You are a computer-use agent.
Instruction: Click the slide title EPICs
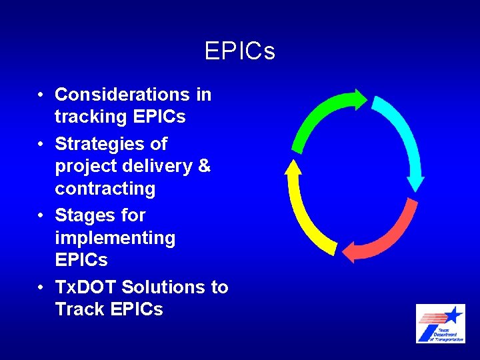point(240,51)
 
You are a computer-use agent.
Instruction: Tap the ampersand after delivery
point(204,166)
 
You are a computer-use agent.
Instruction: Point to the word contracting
point(105,189)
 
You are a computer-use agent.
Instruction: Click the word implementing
point(115,238)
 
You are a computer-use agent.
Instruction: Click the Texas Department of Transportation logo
point(440,323)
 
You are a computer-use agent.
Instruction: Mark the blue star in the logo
point(453,314)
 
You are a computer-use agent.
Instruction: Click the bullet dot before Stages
point(41,215)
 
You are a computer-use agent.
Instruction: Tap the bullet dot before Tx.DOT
point(41,287)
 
